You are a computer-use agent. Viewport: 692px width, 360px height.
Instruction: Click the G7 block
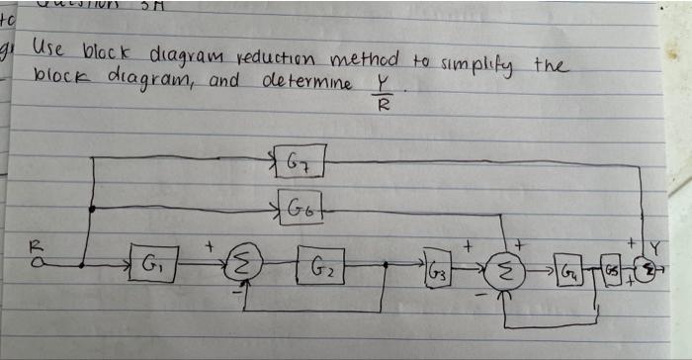coord(298,160)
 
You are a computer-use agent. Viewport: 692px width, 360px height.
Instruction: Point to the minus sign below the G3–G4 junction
coord(484,293)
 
